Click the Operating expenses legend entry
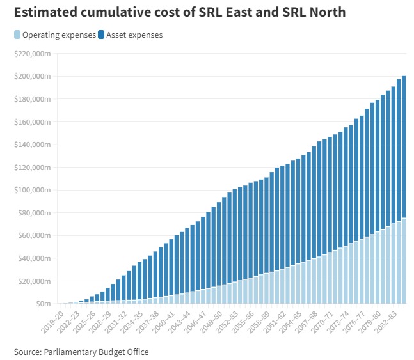coord(59,35)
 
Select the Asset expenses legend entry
coord(134,35)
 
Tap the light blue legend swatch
coord(17,35)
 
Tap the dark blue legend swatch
coord(102,35)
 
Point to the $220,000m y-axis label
coord(32,54)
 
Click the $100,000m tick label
coord(32,190)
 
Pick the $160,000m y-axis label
coord(32,122)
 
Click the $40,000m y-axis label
coord(34,258)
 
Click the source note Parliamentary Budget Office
coord(81,351)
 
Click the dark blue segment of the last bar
coord(404,147)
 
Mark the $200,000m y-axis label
coord(32,77)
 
